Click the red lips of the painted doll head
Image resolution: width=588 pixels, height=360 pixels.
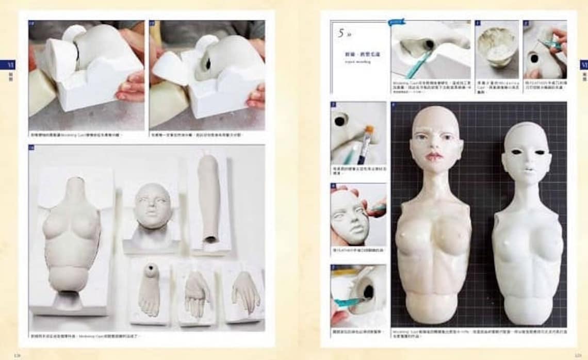(434, 155)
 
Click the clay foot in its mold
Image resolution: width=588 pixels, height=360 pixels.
(150, 290)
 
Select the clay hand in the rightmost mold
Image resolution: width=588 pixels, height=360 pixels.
(245, 292)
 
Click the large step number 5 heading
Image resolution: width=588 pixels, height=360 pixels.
(341, 33)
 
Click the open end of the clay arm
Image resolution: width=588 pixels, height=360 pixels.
(211, 239)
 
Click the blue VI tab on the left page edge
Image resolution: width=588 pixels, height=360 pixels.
(8, 65)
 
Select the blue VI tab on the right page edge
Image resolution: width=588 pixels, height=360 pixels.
(583, 65)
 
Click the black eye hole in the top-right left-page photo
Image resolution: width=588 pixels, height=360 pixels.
(208, 63)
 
